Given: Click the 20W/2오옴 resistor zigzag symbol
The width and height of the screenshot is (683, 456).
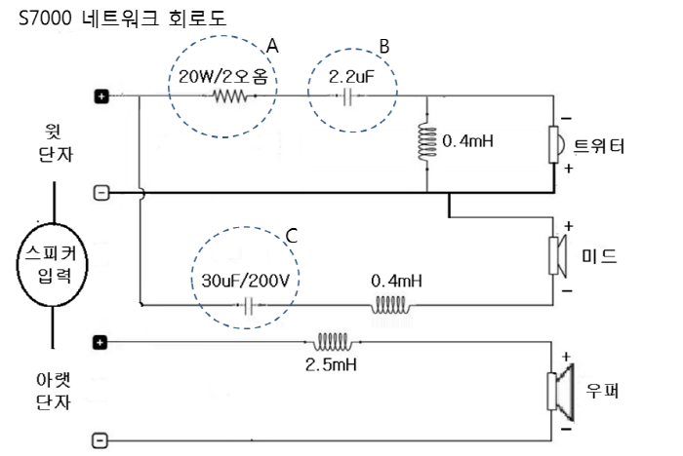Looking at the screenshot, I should tap(232, 95).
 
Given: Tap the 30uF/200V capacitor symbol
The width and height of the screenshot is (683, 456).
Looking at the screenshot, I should tap(249, 305).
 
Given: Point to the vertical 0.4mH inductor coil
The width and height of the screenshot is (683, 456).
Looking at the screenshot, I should tap(427, 142).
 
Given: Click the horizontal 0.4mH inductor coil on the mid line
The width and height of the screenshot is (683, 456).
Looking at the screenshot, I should tap(389, 305).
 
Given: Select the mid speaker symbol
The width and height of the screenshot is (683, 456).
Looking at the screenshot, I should tap(559, 256).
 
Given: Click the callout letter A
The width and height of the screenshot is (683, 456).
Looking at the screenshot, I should tap(272, 47).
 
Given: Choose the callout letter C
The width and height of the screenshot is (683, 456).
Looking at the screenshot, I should tap(291, 235).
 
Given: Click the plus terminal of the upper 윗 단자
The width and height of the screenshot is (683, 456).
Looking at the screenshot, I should tap(100, 95).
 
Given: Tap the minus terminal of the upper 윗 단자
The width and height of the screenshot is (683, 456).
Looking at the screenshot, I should tap(100, 192).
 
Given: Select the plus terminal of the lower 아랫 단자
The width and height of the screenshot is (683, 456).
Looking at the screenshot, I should tap(100, 342).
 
